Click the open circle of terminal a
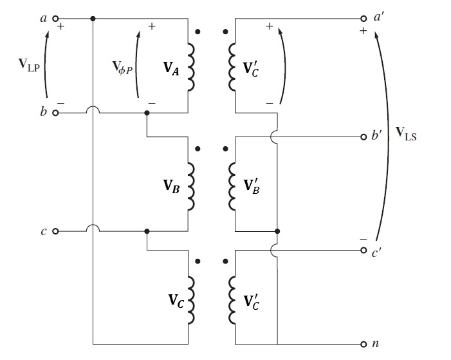pyautogui.click(x=55, y=19)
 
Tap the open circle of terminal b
pyautogui.click(x=55, y=113)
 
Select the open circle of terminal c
pyautogui.click(x=55, y=231)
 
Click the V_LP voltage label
pyautogui.click(x=30, y=64)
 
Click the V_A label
pyautogui.click(x=170, y=70)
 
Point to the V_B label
pyautogui.click(x=170, y=185)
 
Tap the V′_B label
pyautogui.click(x=252, y=185)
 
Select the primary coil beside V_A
pyautogui.click(x=190, y=68)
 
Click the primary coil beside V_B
pyautogui.click(x=190, y=185)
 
